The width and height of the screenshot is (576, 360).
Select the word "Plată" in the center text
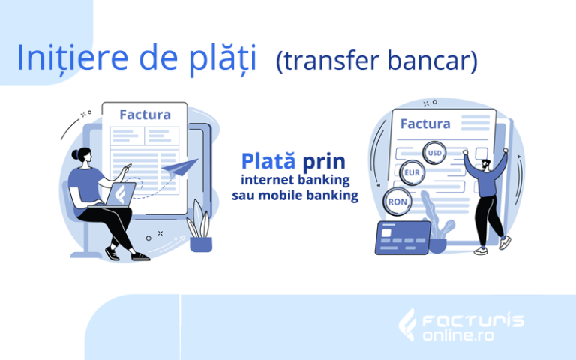click(x=268, y=161)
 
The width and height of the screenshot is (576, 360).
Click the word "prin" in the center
click(x=324, y=162)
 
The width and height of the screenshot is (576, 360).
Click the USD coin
click(x=434, y=153)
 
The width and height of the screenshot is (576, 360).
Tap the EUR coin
click(x=412, y=172)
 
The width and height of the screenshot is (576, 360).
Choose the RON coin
click(x=397, y=202)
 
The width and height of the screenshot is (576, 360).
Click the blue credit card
click(x=403, y=238)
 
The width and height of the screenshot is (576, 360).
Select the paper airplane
click(x=180, y=167)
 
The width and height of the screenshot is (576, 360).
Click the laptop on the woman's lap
click(x=117, y=196)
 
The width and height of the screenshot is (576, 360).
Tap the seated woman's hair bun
click(x=75, y=154)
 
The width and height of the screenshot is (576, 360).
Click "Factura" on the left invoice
click(x=145, y=115)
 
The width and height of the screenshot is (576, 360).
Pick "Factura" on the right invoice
click(x=425, y=124)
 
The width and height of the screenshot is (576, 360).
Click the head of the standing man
click(x=486, y=165)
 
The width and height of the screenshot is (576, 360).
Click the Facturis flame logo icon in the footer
click(x=407, y=325)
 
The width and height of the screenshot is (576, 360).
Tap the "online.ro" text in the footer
click(x=458, y=335)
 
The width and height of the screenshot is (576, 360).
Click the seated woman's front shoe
click(x=140, y=256)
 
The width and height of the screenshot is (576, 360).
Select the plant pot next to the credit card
click(x=437, y=246)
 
